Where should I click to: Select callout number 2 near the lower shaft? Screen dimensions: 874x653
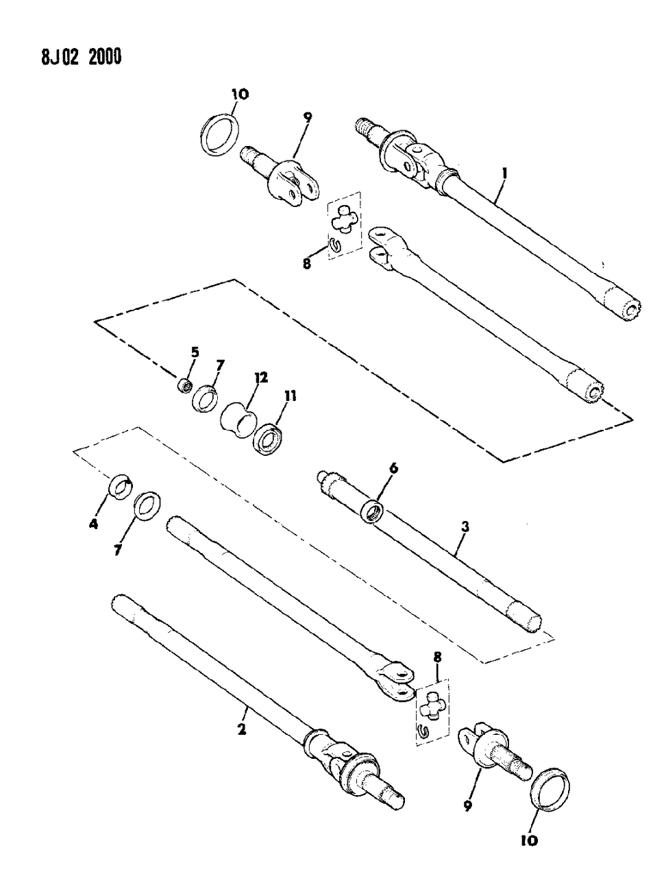[x=241, y=731]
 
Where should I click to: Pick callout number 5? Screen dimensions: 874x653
[x=195, y=352]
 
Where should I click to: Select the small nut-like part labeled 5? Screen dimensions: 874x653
[x=184, y=387]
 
